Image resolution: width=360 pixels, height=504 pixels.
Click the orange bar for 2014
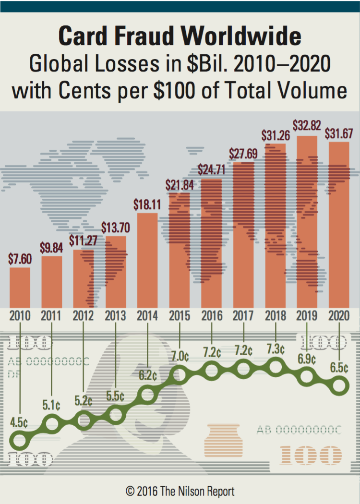147,260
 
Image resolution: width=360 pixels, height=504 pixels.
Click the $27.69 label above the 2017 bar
244,155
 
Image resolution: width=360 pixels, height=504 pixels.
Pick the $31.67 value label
339,134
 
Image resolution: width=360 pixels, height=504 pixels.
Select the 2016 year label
212,316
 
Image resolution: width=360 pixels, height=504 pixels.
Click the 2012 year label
84,316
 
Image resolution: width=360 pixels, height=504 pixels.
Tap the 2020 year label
339,316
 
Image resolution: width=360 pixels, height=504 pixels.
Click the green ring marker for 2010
20,439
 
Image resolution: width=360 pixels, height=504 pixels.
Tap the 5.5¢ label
115,396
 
